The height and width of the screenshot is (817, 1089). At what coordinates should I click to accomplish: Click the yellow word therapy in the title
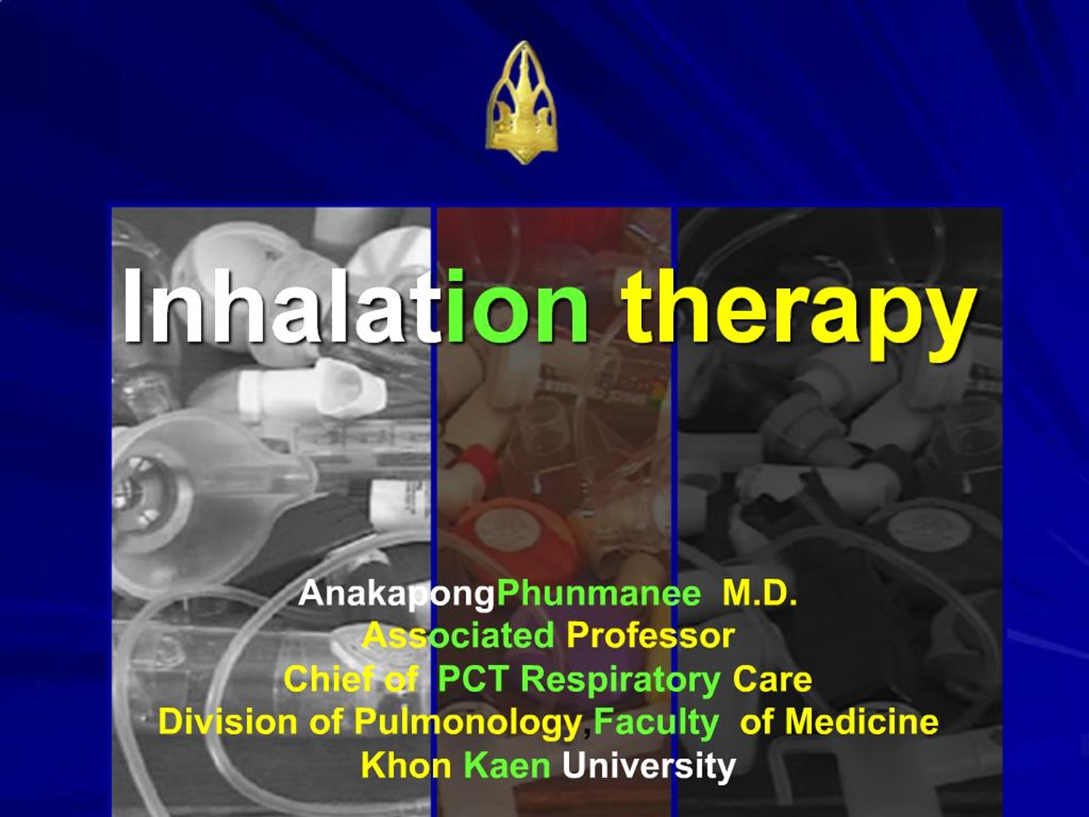pyautogui.click(x=797, y=311)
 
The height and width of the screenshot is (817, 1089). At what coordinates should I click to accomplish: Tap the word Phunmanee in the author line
pyautogui.click(x=599, y=594)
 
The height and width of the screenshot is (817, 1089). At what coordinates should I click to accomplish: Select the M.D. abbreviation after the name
pyautogui.click(x=759, y=594)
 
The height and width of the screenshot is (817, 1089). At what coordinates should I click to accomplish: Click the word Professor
pyautogui.click(x=650, y=636)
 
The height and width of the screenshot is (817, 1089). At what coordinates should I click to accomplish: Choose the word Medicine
pyautogui.click(x=861, y=722)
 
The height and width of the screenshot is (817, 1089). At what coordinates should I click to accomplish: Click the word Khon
pyautogui.click(x=406, y=765)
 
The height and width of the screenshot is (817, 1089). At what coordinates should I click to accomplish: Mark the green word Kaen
pyautogui.click(x=507, y=765)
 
